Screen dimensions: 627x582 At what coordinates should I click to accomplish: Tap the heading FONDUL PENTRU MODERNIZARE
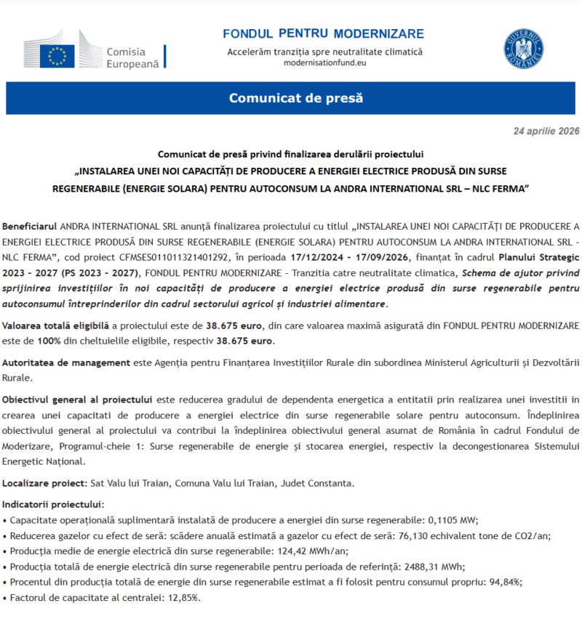coord(323,34)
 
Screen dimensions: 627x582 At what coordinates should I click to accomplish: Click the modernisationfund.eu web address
coord(324,63)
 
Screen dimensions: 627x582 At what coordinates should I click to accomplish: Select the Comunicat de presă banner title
coord(295,98)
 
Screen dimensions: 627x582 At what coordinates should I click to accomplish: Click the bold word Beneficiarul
coord(30,226)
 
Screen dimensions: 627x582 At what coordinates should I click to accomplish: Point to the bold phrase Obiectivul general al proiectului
coord(77,399)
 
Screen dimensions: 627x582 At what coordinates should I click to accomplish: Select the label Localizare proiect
coord(44,482)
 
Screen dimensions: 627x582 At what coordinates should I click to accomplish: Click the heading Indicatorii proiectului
coord(53,503)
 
